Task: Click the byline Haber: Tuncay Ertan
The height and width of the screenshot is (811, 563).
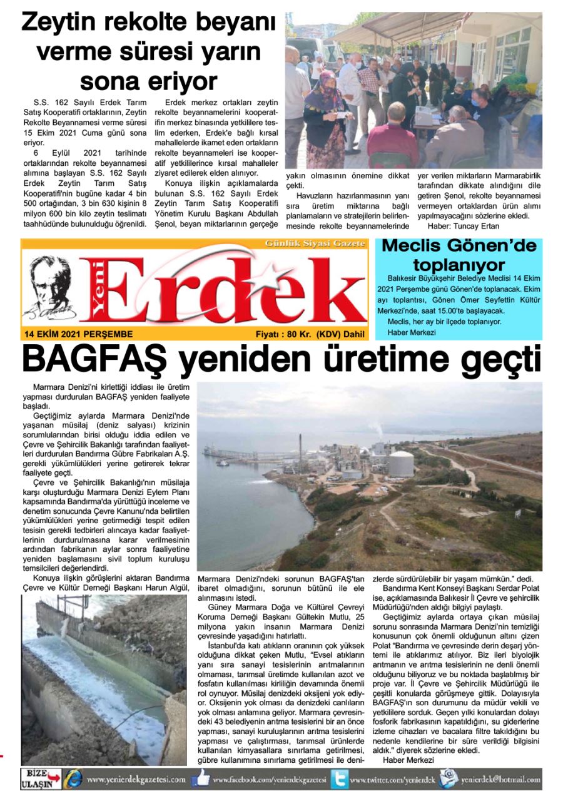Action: coord(464,226)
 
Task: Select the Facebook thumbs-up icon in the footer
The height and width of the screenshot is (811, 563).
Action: coord(201,780)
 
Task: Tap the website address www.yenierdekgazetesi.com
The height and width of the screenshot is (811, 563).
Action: coord(136,780)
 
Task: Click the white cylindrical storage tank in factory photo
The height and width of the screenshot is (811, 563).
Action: coord(402,464)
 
